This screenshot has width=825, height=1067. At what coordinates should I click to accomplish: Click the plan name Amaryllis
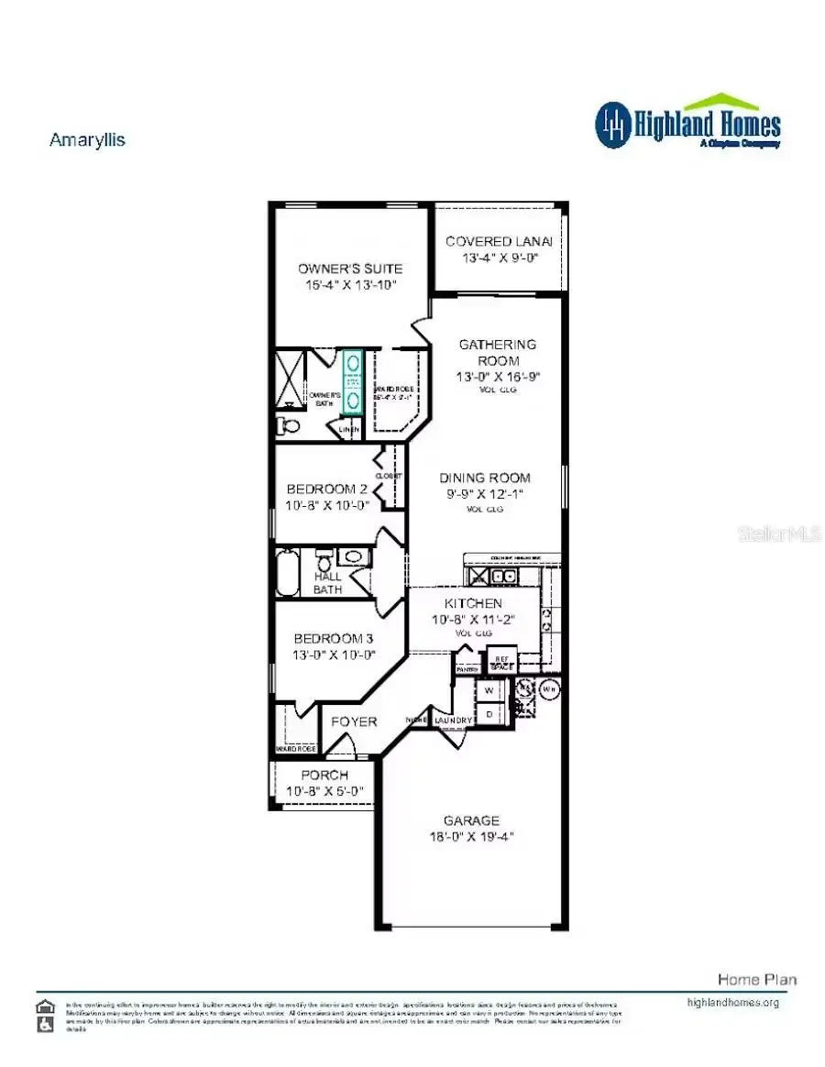87,140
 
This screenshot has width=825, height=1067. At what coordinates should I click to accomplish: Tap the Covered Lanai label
500,241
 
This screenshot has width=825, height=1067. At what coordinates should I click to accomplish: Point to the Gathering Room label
498,352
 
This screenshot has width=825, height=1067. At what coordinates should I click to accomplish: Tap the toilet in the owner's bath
288,424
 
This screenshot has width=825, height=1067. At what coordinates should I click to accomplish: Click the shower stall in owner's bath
292,377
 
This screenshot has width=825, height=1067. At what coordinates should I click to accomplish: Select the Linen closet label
348,429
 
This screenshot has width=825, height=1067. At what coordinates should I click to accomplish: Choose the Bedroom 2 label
327,489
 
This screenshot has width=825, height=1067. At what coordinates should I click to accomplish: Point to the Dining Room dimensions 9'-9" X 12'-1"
485,495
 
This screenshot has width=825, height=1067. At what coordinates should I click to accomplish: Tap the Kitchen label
473,603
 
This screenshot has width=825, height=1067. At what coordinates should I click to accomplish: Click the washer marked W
489,689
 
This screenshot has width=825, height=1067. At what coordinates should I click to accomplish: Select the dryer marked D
489,712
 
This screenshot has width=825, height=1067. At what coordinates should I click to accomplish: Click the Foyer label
354,721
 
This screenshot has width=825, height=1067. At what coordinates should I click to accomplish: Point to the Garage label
472,820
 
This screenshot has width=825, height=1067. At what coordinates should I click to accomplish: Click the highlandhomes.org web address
732,1002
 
